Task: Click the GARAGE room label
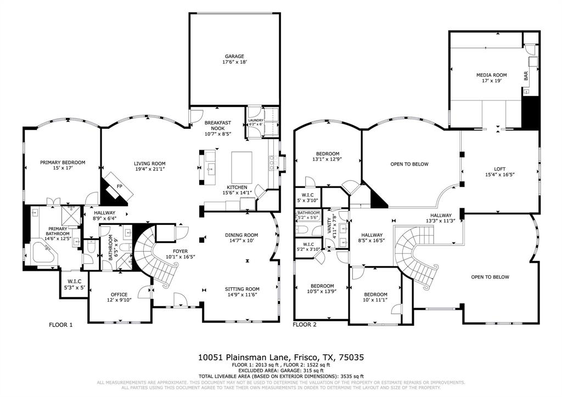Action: click(234, 56)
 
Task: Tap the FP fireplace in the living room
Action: click(119, 186)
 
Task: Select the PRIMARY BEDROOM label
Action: click(63, 162)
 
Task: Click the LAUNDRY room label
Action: click(256, 120)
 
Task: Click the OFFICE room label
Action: click(119, 294)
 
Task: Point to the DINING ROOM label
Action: click(241, 235)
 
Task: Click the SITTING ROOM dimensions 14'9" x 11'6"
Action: click(241, 295)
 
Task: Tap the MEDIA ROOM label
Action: click(491, 75)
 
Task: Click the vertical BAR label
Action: click(526, 77)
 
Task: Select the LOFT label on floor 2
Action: click(499, 168)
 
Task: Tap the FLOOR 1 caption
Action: click(60, 325)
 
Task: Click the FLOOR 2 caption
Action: click(305, 325)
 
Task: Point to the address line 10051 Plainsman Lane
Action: click(280, 357)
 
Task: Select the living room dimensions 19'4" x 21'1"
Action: click(150, 169)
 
